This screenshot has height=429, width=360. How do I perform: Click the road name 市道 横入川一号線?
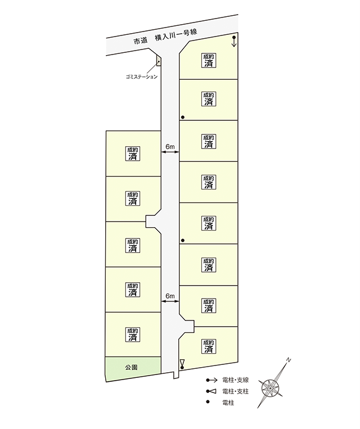click(x=165, y=37)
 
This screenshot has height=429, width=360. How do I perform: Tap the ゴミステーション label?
click(x=142, y=76)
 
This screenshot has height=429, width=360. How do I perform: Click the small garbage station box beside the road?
click(x=159, y=60)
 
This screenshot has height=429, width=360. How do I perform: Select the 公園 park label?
click(x=131, y=368)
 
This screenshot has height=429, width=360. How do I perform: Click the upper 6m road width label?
click(x=170, y=147)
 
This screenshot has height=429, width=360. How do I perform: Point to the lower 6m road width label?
click(x=170, y=296)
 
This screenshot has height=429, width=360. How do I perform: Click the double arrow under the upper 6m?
click(x=170, y=152)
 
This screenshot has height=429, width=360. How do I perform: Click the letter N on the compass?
click(x=288, y=360)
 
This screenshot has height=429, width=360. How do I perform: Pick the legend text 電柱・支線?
click(x=236, y=380)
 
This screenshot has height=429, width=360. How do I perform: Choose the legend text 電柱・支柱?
click(x=236, y=391)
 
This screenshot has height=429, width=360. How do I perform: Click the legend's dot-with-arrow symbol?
click(x=211, y=380)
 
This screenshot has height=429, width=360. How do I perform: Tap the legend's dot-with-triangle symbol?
click(x=211, y=391)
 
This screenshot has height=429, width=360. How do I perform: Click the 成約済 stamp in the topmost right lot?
click(x=209, y=61)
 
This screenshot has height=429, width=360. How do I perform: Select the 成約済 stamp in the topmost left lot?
click(x=133, y=153)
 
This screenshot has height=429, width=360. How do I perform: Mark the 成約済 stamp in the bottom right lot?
click(x=209, y=346)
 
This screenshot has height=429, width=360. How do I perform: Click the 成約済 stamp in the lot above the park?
click(x=133, y=335)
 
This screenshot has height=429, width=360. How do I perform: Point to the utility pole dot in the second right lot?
click(x=183, y=118)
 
